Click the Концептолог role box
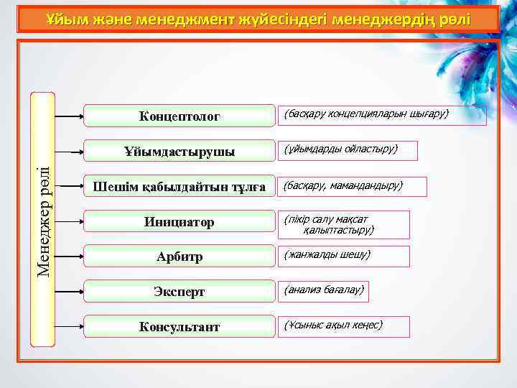coord(180,116)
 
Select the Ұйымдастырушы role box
coord(180,151)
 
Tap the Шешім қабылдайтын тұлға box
coord(180,187)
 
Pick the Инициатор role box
coord(180,222)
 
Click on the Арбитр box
coord(180,257)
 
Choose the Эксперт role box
coord(180,292)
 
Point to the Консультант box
coord(180,327)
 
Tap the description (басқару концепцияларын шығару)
coord(366,114)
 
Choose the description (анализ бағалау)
coord(324,290)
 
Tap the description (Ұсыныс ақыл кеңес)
coord(333,325)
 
